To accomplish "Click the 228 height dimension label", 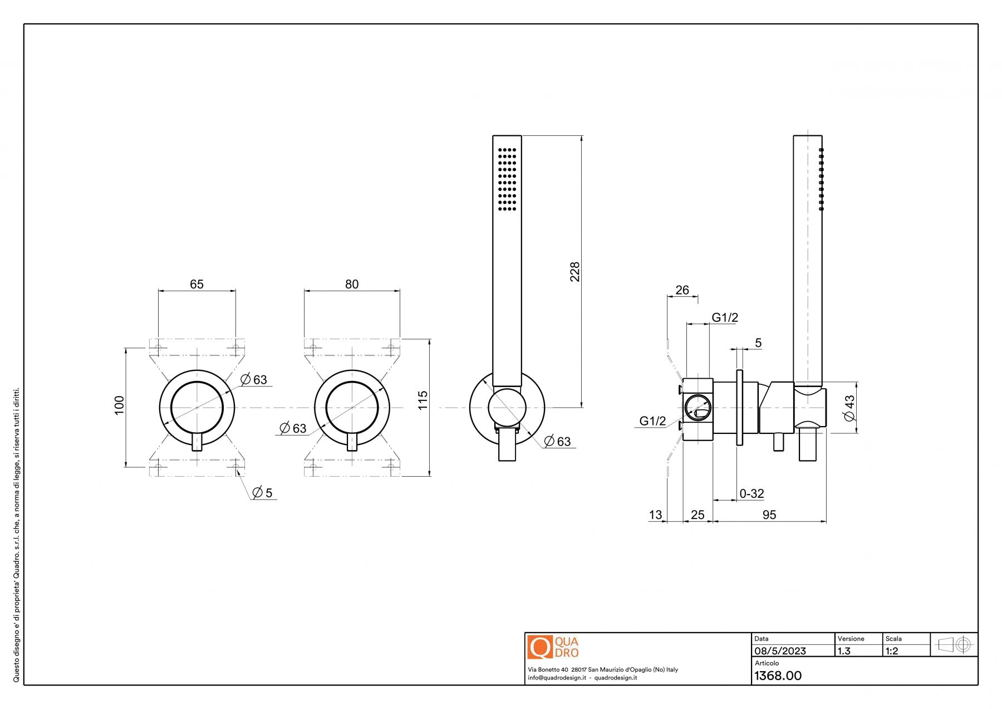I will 574,272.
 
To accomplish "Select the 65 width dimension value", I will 197,284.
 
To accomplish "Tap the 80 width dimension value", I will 352,284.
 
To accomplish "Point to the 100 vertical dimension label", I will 119,405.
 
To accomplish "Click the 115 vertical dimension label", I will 423,400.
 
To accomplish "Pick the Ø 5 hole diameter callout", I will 262,492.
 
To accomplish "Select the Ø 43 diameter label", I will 849,408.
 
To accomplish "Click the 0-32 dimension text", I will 751,493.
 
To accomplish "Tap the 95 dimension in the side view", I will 769,515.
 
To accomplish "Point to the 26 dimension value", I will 682,290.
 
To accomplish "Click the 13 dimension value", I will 655,515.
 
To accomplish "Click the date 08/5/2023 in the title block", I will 780,651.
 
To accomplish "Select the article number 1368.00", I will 778,676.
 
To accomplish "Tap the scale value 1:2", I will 892,651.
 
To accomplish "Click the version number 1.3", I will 844,651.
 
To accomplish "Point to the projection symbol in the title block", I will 954,645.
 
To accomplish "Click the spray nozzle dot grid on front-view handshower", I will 507,179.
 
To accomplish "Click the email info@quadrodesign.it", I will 556,678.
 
